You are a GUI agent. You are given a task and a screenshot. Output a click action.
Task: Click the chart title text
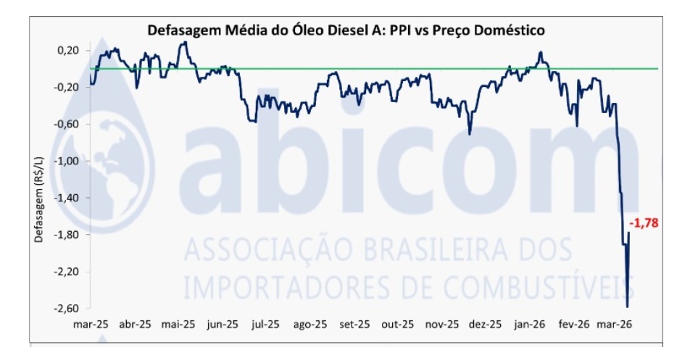coord(346,30)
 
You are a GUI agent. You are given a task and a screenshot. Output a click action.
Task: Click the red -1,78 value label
coord(644,223)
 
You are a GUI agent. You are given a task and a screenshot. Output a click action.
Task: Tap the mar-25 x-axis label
coord(91,324)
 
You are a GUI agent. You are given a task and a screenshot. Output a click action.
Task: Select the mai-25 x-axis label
coord(178,324)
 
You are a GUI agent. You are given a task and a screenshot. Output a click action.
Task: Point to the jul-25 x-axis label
coord(266,324)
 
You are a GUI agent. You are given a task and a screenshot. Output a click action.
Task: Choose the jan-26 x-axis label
coord(531,324)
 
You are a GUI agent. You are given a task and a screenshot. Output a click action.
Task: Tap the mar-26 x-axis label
coord(615,324)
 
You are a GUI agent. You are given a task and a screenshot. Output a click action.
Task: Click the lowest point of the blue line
coord(627,296)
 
